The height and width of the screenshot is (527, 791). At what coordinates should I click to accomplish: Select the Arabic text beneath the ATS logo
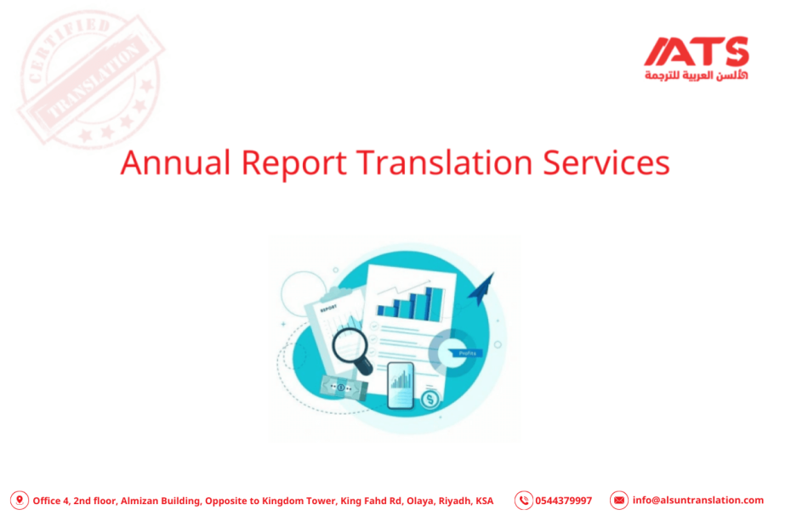696,76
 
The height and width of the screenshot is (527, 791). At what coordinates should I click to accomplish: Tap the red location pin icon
19,501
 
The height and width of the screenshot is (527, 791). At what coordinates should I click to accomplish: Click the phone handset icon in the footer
524,501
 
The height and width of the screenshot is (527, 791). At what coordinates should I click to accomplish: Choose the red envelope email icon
619,501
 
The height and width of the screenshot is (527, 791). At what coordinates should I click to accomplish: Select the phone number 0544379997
563,501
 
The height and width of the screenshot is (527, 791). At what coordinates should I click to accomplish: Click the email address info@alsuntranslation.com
697,501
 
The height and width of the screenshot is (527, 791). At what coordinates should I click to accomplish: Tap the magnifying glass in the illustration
351,348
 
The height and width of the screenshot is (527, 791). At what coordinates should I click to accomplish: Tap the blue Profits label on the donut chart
467,352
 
